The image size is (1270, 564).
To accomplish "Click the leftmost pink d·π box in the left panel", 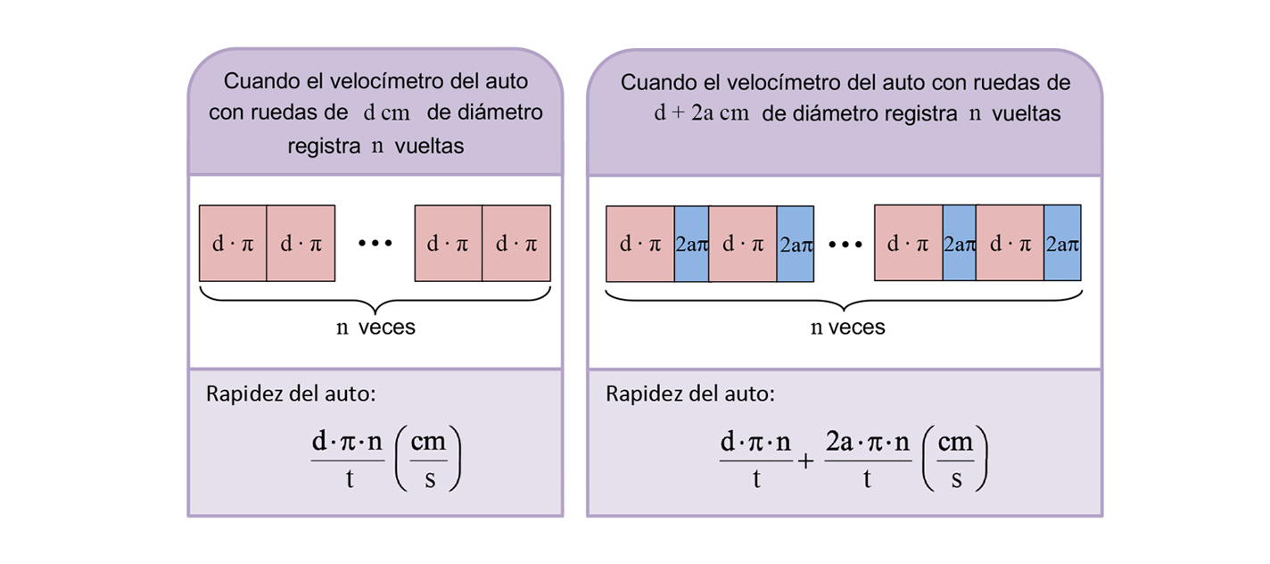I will pos(233,244).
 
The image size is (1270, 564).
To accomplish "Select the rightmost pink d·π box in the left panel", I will pos(516,244).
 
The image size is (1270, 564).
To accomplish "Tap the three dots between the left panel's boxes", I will pos(375,244).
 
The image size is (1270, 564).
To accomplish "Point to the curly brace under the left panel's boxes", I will pos(375,295).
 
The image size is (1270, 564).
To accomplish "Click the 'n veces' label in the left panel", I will pos(375,328).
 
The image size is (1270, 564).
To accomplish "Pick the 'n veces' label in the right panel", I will pos(847,328).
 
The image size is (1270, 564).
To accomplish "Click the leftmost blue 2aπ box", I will pos(691,244).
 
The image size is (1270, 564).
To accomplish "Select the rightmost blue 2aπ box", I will pos(1062,244).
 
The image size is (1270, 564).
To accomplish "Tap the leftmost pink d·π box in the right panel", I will pos(639,244).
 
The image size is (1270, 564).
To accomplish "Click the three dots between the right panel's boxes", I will pos(844,244).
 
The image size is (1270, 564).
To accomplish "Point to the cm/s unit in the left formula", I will pos(428,461).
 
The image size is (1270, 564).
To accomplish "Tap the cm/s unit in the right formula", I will pos(956,461).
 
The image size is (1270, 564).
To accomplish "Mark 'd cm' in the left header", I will pos(386,114).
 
